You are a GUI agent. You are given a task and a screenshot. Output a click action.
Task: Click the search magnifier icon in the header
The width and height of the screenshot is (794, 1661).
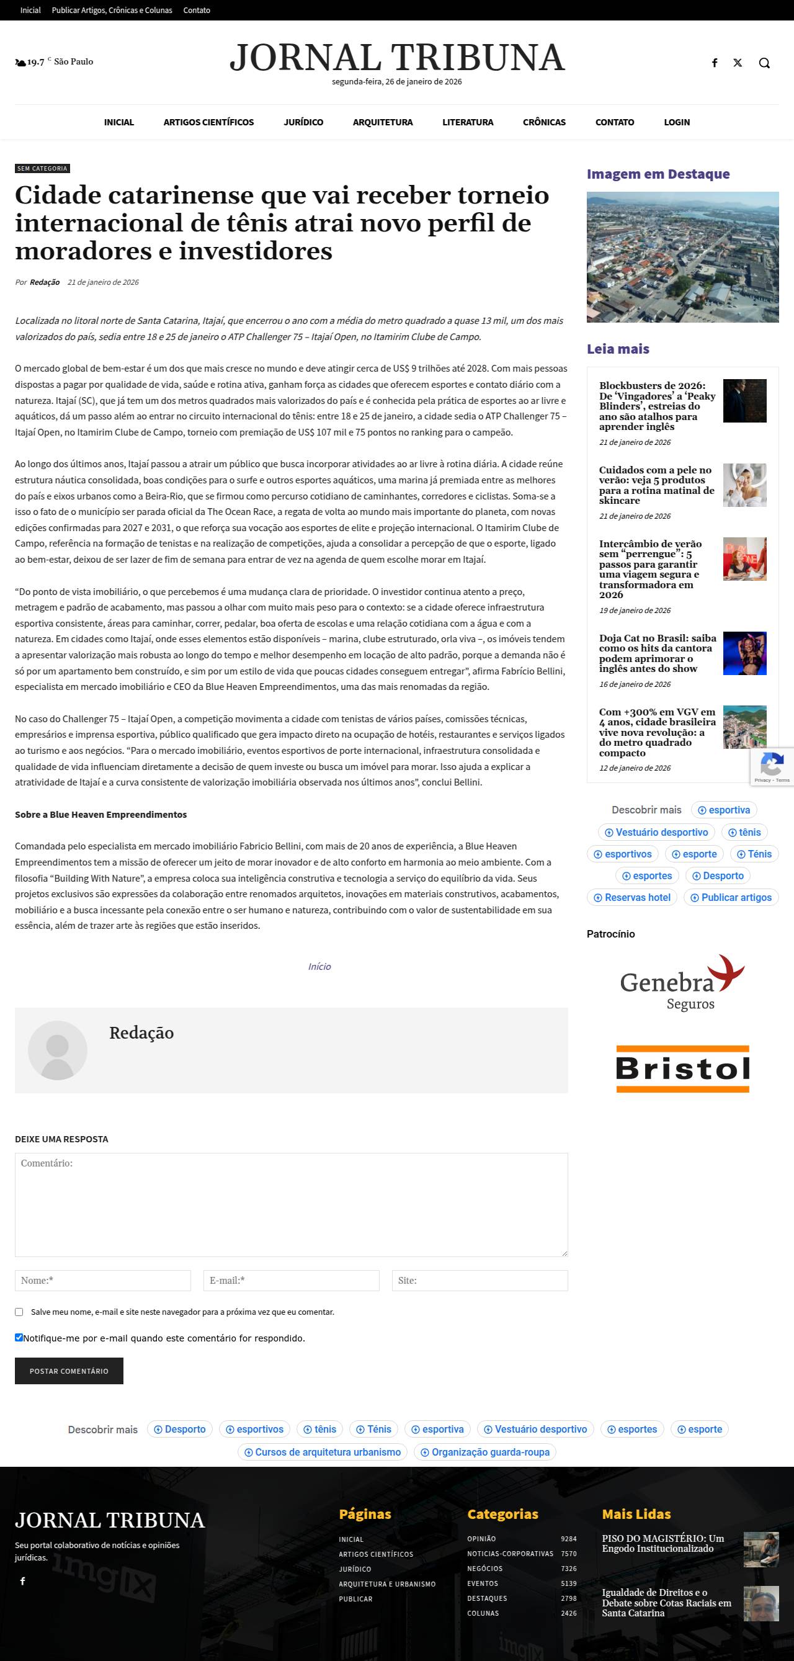[764, 63]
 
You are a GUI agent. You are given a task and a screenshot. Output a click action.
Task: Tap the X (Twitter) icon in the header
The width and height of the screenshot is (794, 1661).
[738, 63]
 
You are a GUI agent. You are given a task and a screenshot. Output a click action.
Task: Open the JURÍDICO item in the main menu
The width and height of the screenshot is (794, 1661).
[303, 122]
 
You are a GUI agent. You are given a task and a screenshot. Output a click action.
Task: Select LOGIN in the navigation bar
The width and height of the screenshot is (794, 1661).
[677, 122]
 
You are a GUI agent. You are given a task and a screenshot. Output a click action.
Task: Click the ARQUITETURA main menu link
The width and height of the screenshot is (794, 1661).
[382, 122]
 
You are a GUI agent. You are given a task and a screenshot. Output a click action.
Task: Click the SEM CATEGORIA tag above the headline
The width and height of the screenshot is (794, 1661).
[42, 168]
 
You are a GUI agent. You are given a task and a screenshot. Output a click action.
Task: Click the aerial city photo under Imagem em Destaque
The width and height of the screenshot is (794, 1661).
[682, 257]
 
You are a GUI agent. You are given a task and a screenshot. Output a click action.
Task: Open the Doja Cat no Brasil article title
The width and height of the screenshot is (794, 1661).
[657, 653]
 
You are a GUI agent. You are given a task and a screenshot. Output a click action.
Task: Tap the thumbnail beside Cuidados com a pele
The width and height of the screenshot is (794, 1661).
[744, 485]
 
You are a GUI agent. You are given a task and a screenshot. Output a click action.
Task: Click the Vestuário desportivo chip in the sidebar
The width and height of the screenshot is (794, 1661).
[656, 833]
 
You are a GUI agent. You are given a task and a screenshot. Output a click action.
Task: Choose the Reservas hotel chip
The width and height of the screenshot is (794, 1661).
[631, 898]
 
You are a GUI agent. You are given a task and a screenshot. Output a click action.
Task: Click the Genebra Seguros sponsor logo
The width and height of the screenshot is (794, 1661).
[682, 982]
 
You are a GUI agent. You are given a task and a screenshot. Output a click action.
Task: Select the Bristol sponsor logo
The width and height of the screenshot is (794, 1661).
[682, 1068]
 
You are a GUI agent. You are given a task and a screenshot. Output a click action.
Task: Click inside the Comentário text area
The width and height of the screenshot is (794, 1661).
[291, 1204]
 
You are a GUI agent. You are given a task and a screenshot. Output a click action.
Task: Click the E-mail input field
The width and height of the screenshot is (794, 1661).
[291, 1280]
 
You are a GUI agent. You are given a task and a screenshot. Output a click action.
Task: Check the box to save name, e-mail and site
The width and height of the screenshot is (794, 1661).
[19, 1312]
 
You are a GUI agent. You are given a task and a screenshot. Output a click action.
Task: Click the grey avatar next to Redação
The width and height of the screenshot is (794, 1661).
[57, 1050]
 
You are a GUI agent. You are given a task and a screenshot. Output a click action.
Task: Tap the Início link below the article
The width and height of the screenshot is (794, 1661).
[319, 967]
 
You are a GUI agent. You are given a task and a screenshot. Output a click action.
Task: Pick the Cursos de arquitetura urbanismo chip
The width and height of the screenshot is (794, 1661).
[322, 1452]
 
